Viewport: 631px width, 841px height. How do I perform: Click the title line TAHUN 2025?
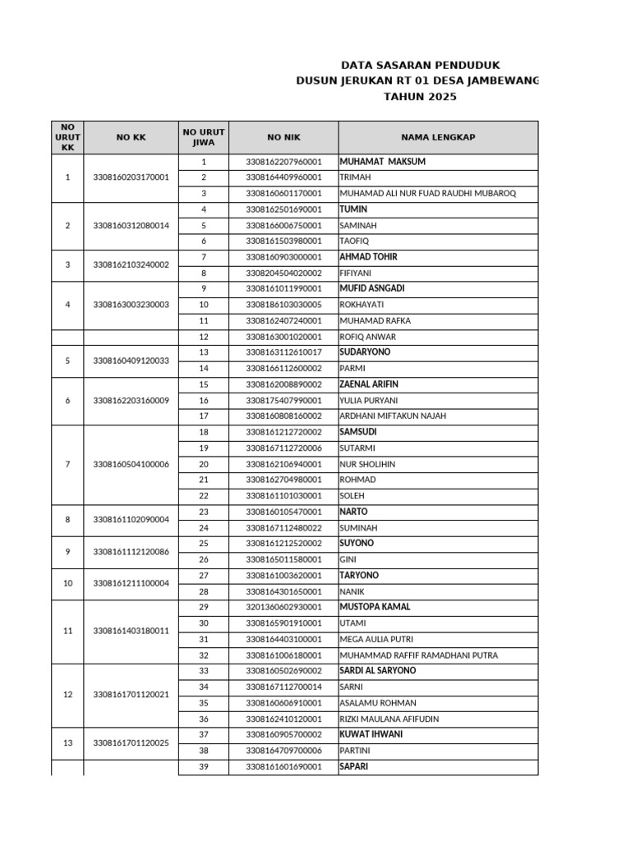[419, 97]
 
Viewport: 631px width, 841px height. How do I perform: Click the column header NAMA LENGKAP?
[438, 137]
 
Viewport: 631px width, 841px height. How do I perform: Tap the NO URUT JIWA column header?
[203, 137]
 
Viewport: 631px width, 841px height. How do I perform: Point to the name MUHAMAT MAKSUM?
[382, 162]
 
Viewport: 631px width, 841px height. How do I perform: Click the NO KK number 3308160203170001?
[131, 177]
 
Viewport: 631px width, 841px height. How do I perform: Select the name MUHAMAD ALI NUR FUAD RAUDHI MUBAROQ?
[427, 194]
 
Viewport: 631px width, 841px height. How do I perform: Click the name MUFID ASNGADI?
[371, 288]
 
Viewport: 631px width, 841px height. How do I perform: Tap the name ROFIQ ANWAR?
[367, 337]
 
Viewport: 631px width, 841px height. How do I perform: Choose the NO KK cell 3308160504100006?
[131, 464]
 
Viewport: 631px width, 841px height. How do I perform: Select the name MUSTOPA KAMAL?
[375, 607]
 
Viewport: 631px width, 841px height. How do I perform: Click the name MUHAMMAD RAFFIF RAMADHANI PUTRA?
[419, 655]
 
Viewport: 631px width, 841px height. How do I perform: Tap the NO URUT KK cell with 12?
[67, 695]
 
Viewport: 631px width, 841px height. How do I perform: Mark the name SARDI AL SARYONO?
[378, 671]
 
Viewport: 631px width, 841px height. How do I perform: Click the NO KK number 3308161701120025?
[131, 742]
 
